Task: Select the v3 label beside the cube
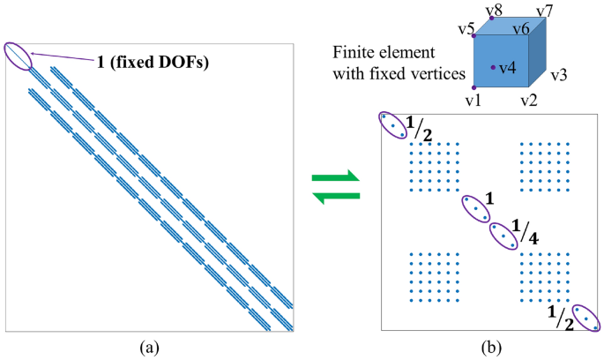(x=558, y=77)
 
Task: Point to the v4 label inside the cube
(x=508, y=67)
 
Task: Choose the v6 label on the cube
(x=520, y=30)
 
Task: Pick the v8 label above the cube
(x=496, y=10)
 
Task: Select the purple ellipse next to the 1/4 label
(x=503, y=236)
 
